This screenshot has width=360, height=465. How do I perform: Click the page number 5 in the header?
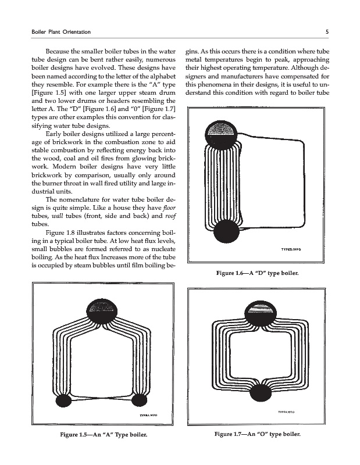(x=329, y=30)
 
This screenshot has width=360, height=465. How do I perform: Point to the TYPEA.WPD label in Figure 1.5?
(x=148, y=414)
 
